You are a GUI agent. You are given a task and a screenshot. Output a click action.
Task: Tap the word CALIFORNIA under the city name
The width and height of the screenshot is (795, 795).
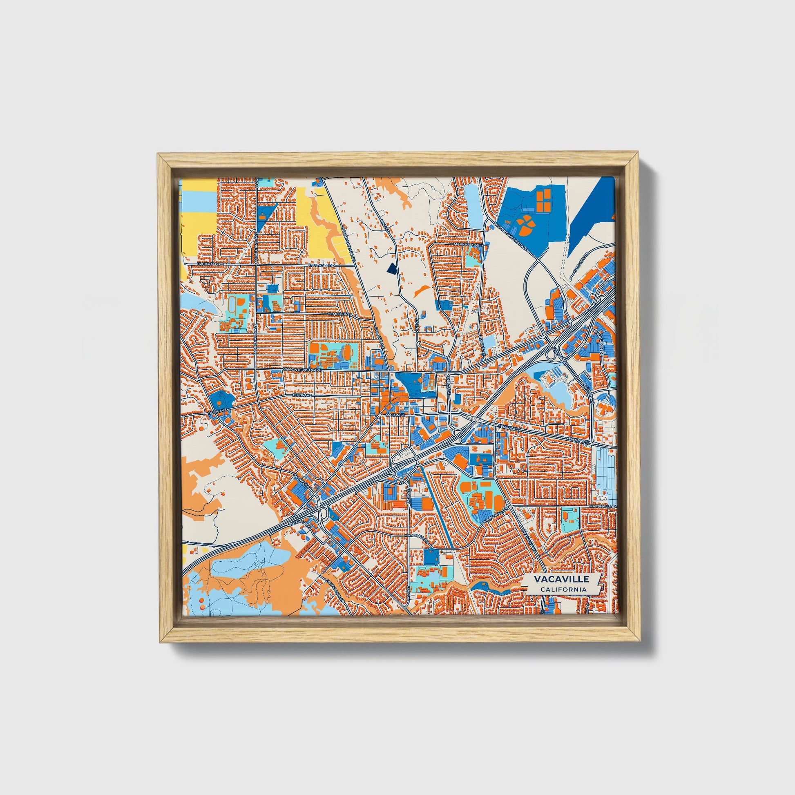(x=563, y=589)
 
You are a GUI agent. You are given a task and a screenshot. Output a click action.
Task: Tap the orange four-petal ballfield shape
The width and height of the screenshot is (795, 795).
(x=525, y=226)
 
